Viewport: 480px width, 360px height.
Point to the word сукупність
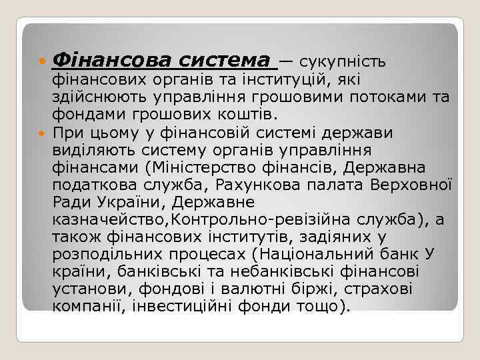point(343,62)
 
